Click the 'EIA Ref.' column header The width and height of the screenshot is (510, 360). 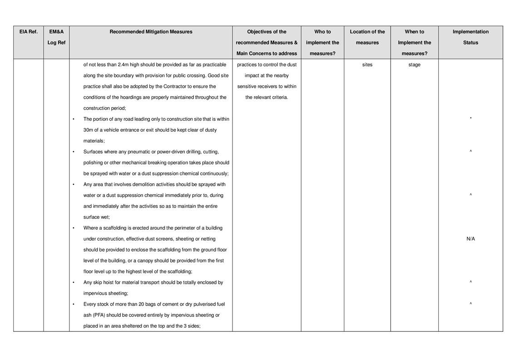pos(28,32)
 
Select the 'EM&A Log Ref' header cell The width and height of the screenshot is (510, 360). pos(56,37)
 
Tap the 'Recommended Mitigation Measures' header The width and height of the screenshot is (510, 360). pos(151,32)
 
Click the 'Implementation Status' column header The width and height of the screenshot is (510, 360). pos(470,37)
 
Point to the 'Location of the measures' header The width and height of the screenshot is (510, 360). pos(367,37)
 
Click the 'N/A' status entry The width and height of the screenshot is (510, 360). pos(470,239)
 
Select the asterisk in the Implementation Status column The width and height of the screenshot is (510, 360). pos(470,119)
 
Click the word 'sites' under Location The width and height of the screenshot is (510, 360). pos(367,64)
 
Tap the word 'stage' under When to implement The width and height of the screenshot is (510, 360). pos(414,64)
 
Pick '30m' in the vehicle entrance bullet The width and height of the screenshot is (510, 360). pos(89,130)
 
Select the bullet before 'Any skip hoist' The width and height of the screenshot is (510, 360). pos(74,282)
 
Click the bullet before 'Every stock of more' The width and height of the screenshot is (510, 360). pos(74,304)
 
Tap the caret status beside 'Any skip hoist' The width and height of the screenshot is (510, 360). pos(470,282)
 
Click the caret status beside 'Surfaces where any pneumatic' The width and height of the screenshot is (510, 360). pos(470,152)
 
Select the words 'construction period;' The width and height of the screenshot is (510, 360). pos(104,108)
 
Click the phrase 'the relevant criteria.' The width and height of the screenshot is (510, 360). pos(267,97)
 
